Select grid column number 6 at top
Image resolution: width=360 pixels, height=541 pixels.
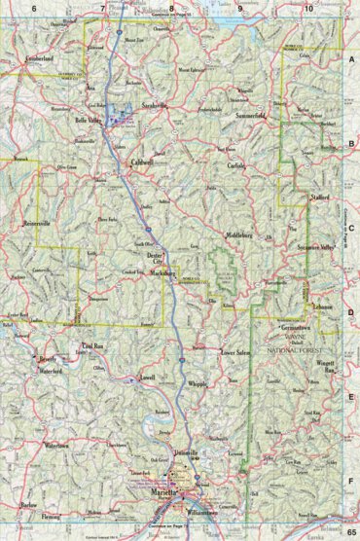click(33, 8)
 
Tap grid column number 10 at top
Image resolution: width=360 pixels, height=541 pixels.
click(308, 8)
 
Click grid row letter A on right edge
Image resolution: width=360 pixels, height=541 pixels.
click(350, 59)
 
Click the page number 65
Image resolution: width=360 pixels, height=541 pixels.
click(350, 531)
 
